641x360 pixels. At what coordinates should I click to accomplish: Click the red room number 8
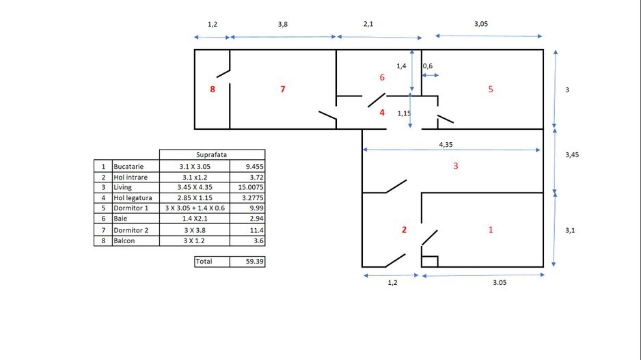[213, 89]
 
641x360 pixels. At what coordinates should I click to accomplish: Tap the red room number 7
[283, 89]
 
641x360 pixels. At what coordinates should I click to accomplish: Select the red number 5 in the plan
[491, 89]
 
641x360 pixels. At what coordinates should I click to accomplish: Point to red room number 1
[490, 230]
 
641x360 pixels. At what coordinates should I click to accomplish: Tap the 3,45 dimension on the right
[571, 155]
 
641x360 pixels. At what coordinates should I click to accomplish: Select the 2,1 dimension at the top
[368, 24]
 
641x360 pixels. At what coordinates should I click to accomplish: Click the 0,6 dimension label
[428, 66]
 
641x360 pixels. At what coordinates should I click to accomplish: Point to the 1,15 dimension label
[405, 113]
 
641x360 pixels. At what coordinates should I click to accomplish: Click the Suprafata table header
[212, 154]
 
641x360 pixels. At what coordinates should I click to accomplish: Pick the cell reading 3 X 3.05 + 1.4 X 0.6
[193, 208]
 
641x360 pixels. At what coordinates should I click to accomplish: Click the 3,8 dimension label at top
[283, 24]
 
